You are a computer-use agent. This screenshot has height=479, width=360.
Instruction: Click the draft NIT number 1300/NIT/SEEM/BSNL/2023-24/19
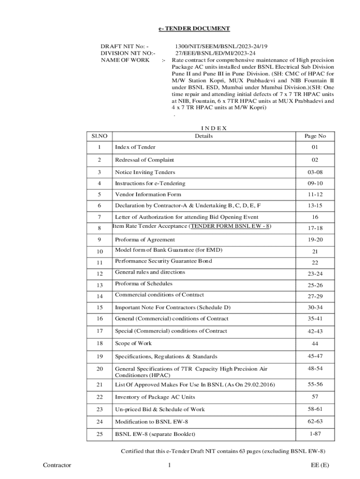click(x=221, y=47)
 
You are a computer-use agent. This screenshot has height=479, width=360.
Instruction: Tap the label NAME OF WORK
click(x=125, y=60)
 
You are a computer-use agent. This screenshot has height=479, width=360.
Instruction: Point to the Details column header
click(x=204, y=136)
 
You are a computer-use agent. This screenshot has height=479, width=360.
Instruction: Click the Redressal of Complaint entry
click(x=144, y=160)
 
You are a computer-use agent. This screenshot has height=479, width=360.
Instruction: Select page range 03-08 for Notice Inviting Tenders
click(x=315, y=172)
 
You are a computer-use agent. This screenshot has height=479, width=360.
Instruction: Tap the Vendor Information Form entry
click(x=148, y=194)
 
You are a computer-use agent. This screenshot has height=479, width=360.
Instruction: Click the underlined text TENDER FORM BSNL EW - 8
click(x=230, y=226)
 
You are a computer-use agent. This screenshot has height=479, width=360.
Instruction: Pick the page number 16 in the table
click(x=315, y=217)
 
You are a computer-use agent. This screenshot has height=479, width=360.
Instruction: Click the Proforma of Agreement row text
click(x=145, y=239)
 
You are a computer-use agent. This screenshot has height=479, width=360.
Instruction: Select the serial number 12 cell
click(x=99, y=273)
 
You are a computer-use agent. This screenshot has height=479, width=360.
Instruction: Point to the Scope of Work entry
click(x=133, y=343)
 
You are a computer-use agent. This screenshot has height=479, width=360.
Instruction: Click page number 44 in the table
click(x=315, y=344)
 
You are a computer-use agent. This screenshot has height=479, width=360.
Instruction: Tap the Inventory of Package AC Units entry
click(x=155, y=397)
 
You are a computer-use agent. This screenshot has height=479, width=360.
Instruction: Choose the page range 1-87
click(x=315, y=434)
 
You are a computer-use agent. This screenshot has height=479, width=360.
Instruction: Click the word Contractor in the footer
click(x=57, y=465)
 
